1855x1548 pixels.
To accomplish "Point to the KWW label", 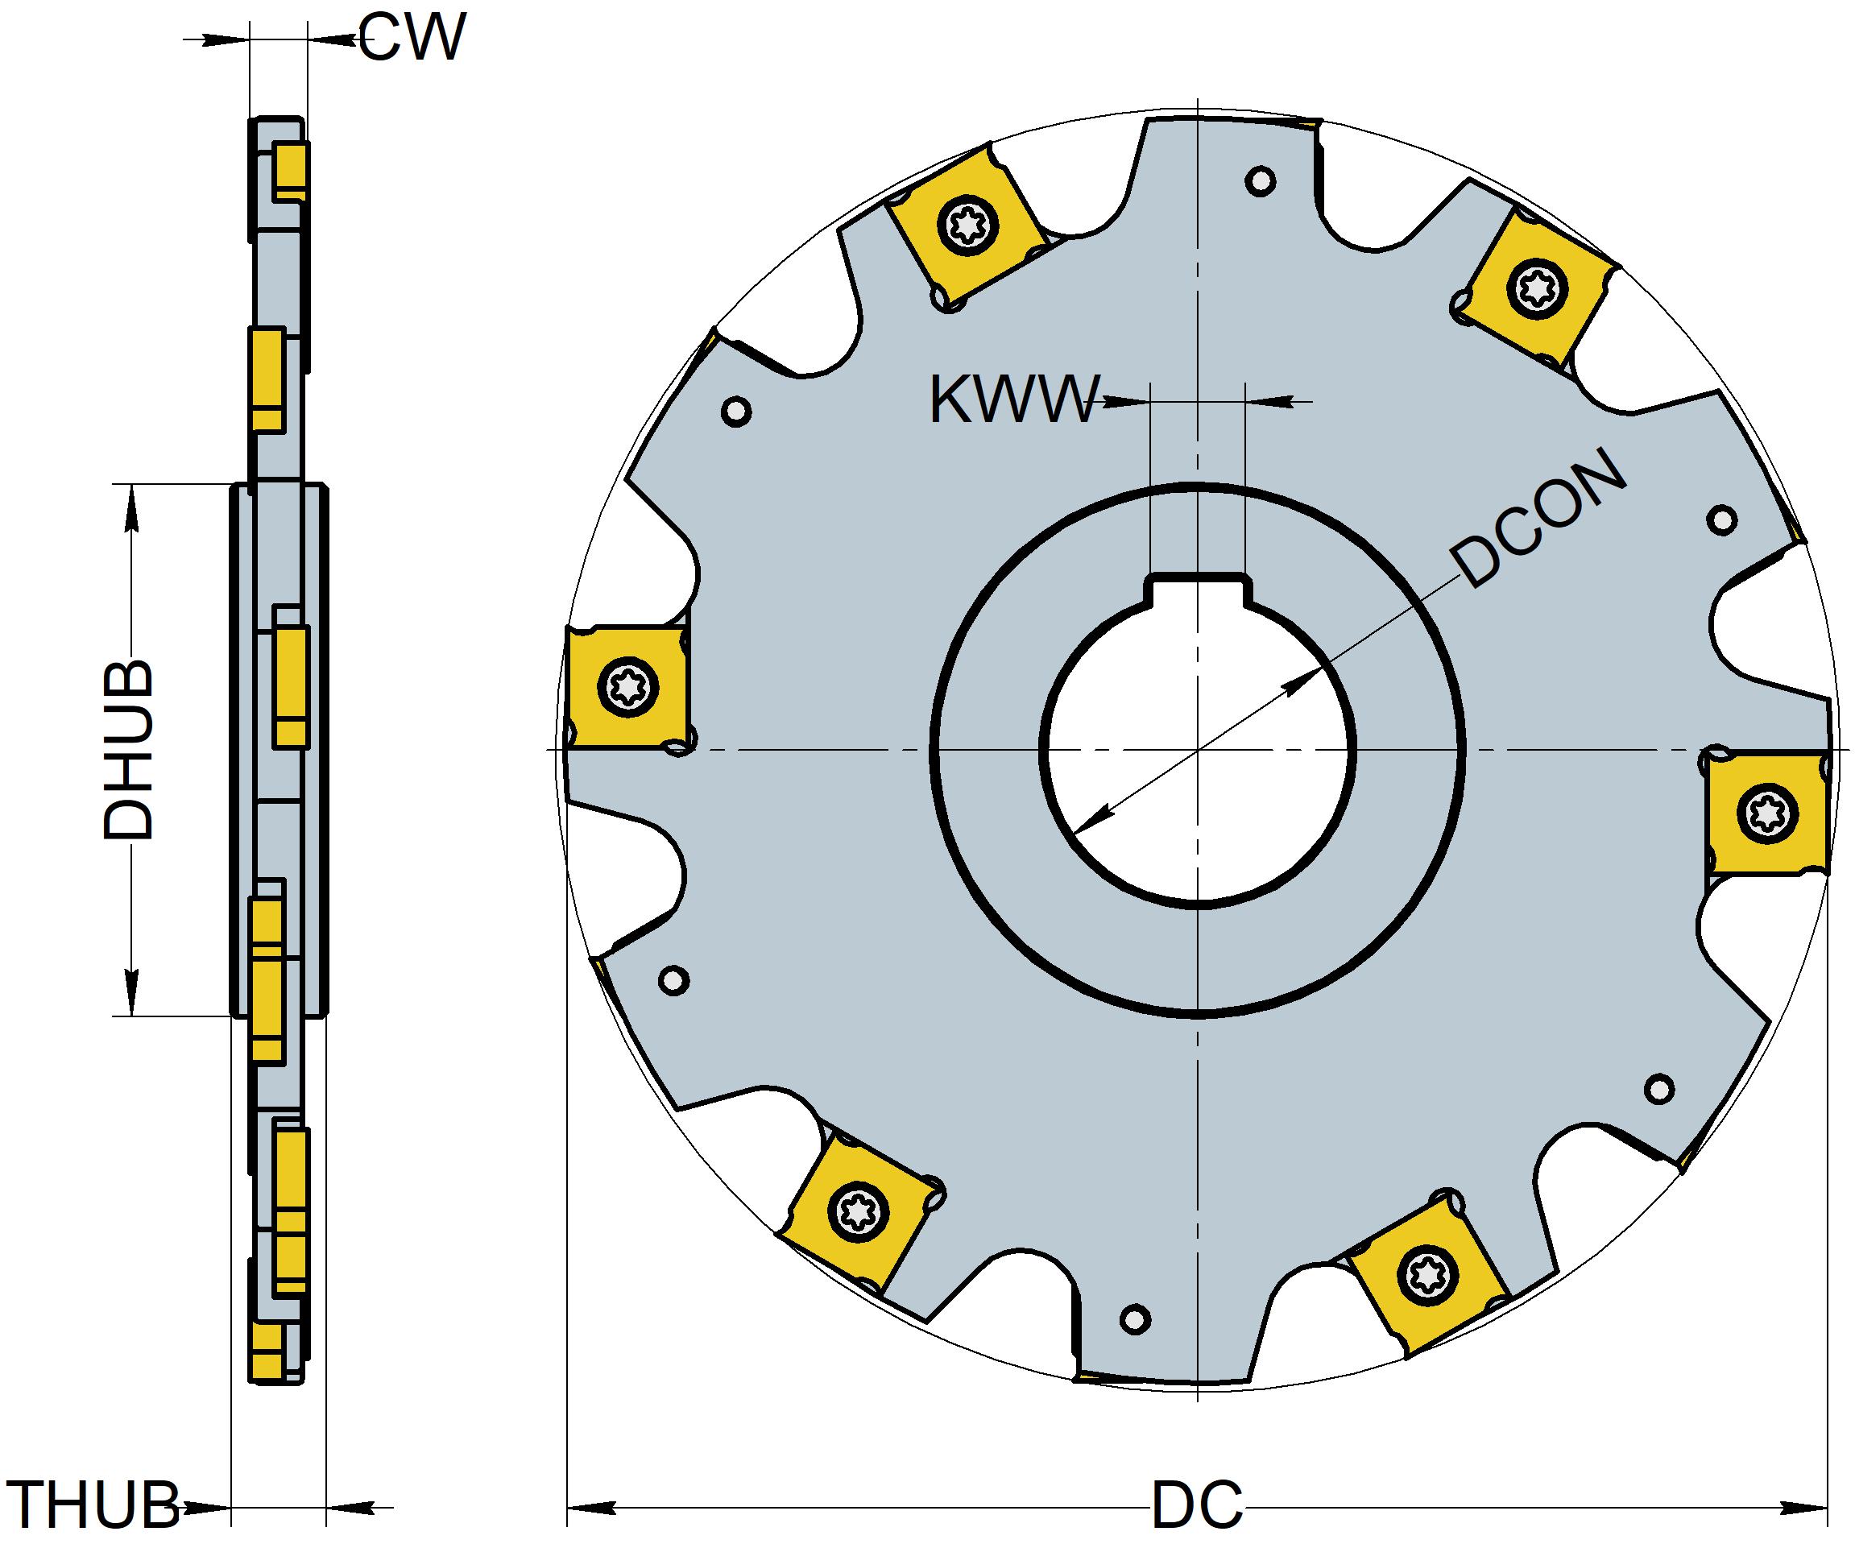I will (1014, 401).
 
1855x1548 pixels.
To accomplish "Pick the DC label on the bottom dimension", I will (1196, 1506).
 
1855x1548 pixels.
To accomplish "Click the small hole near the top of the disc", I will (1260, 182).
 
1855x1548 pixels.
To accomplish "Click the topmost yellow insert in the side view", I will (290, 172).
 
